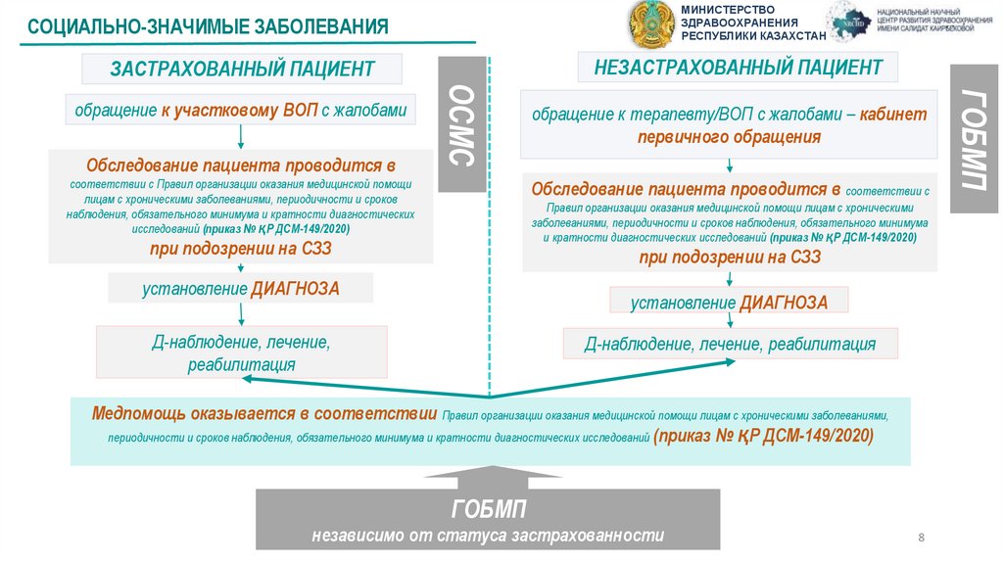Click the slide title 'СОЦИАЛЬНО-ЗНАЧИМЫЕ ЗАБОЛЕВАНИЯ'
[x=208, y=25]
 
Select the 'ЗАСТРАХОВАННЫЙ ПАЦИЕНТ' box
[x=242, y=70]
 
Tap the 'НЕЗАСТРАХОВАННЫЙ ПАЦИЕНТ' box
[x=738, y=68]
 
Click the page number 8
[x=921, y=538]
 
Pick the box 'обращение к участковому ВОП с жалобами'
[x=241, y=111]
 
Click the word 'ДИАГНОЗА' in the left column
[x=295, y=288]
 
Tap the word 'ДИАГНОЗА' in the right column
[x=783, y=303]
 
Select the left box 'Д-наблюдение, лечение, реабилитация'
[x=242, y=353]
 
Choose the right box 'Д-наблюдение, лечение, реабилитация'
[x=730, y=344]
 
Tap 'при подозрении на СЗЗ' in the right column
[x=730, y=258]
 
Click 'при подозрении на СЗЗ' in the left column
[x=241, y=249]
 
